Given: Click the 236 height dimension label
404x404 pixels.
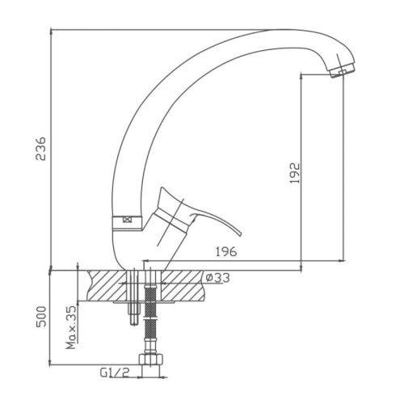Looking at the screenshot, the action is pos(41,149).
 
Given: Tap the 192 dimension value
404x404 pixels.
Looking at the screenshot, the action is pos(295,173).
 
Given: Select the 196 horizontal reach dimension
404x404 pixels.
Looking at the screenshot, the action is pos(226,251).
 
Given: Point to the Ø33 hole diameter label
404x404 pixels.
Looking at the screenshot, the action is pos(217,278).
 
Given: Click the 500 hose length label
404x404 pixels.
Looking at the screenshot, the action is pos(41,317).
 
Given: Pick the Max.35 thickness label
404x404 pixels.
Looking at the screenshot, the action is pos(71,327).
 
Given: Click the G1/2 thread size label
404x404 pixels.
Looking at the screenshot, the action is pos(115,372).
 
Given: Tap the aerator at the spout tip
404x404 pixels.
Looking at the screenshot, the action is pos(342,70).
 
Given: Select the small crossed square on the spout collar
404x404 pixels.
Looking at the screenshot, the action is pos(126,220).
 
